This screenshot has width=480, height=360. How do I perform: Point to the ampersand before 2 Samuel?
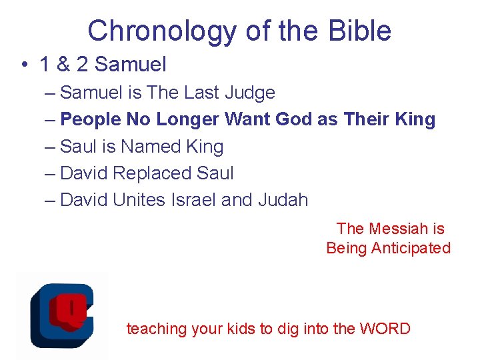tap(65, 65)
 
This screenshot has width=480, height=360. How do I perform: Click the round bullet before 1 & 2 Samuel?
tap(23, 65)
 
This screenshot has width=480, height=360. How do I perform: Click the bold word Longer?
tap(189, 120)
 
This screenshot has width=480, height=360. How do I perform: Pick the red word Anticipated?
tap(411, 248)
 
